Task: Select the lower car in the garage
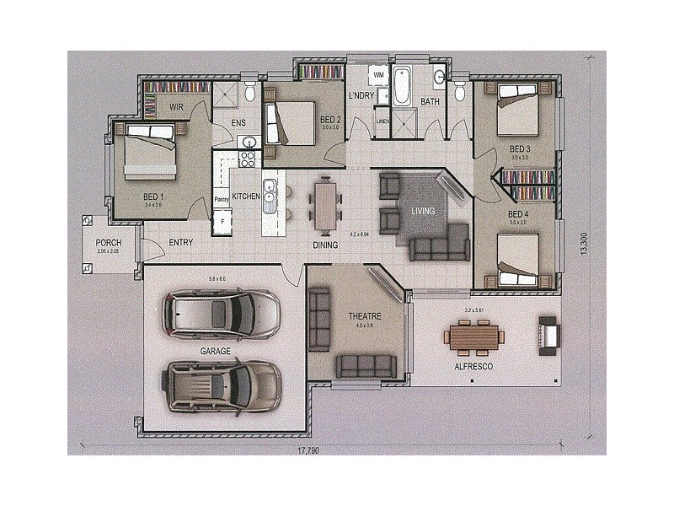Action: point(222,385)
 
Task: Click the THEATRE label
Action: point(365,316)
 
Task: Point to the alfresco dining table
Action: point(474,338)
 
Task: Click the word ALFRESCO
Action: point(473,368)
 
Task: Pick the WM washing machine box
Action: point(378,75)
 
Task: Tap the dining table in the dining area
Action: point(326,205)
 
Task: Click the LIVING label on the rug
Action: point(422,211)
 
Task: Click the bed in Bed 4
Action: point(517,258)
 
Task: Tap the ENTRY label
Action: point(181,243)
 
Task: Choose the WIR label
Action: point(177,107)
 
